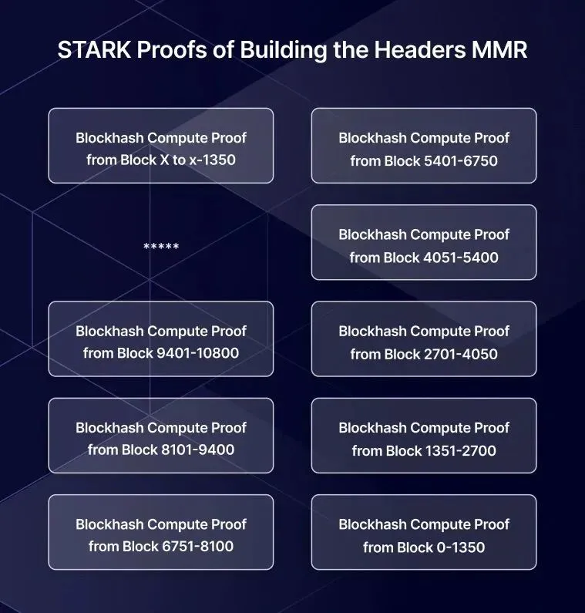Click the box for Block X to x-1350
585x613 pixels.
(x=160, y=146)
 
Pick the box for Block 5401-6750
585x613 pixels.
(x=424, y=146)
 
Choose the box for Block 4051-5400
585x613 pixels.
(x=424, y=242)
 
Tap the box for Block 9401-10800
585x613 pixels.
(x=160, y=338)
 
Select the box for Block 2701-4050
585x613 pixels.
(x=424, y=338)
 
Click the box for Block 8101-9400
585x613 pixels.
(x=160, y=435)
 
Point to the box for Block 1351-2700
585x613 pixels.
(x=424, y=435)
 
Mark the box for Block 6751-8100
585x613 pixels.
(x=160, y=532)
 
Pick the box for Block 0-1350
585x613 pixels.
(x=424, y=532)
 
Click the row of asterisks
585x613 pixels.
(x=161, y=247)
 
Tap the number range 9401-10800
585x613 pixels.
(x=197, y=354)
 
